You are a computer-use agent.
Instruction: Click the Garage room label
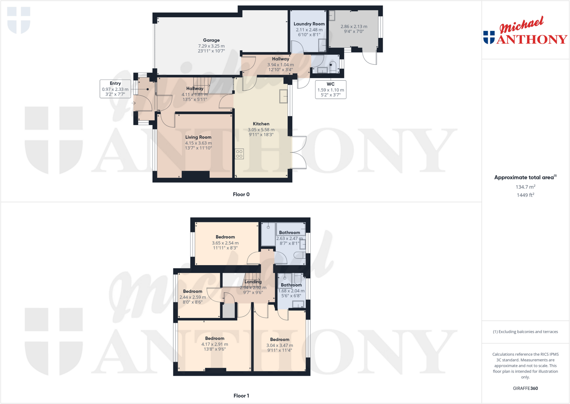tap(211, 40)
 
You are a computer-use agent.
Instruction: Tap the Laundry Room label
tap(309, 24)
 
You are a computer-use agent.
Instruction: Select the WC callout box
tap(331, 89)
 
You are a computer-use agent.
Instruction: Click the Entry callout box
tap(115, 89)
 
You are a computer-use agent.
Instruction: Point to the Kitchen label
tap(261, 124)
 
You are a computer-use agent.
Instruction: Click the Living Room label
tap(198, 137)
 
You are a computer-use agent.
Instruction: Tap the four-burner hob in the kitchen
tap(239, 154)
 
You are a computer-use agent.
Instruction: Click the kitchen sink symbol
tap(283, 96)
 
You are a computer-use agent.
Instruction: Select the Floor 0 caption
tap(241, 194)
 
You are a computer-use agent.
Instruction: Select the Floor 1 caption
tap(241, 396)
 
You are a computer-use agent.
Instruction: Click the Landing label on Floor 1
tap(253, 282)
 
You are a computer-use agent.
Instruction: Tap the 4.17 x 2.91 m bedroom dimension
tap(215, 344)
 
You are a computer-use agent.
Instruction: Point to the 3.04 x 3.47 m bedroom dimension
tap(279, 345)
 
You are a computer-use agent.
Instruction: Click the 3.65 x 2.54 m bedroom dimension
tap(225, 243)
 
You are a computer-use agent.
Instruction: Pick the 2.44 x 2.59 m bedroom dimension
tap(193, 297)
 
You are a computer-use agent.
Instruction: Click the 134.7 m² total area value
tap(525, 187)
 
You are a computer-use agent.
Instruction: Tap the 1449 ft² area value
tap(525, 195)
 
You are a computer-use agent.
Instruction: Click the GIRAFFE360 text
tap(525, 388)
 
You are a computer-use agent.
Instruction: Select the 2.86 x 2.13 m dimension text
tap(354, 27)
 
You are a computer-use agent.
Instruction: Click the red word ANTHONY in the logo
tap(532, 39)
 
